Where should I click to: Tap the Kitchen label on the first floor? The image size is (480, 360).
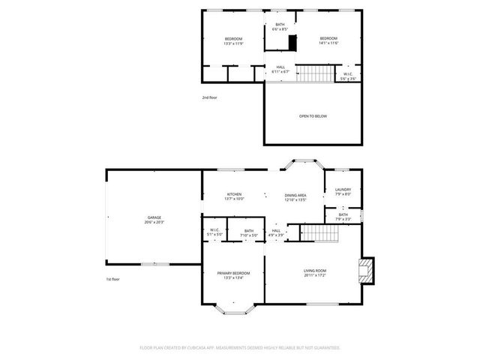(x=235, y=196)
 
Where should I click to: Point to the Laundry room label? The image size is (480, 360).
(x=343, y=192)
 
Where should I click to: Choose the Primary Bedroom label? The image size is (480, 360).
(x=233, y=274)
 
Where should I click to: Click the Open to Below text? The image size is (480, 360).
(x=313, y=116)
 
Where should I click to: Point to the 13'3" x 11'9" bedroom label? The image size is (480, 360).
(x=233, y=41)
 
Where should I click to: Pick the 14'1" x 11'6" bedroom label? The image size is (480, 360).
(x=328, y=41)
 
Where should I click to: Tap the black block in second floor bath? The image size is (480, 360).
(x=292, y=43)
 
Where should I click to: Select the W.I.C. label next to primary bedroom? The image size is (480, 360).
(x=214, y=232)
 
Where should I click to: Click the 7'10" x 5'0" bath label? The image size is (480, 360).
(x=248, y=233)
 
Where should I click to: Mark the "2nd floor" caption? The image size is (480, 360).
(x=210, y=97)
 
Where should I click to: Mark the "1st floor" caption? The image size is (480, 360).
(x=112, y=279)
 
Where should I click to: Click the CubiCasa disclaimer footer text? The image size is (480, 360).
(x=240, y=348)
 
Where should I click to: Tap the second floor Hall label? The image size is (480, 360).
(x=280, y=70)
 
